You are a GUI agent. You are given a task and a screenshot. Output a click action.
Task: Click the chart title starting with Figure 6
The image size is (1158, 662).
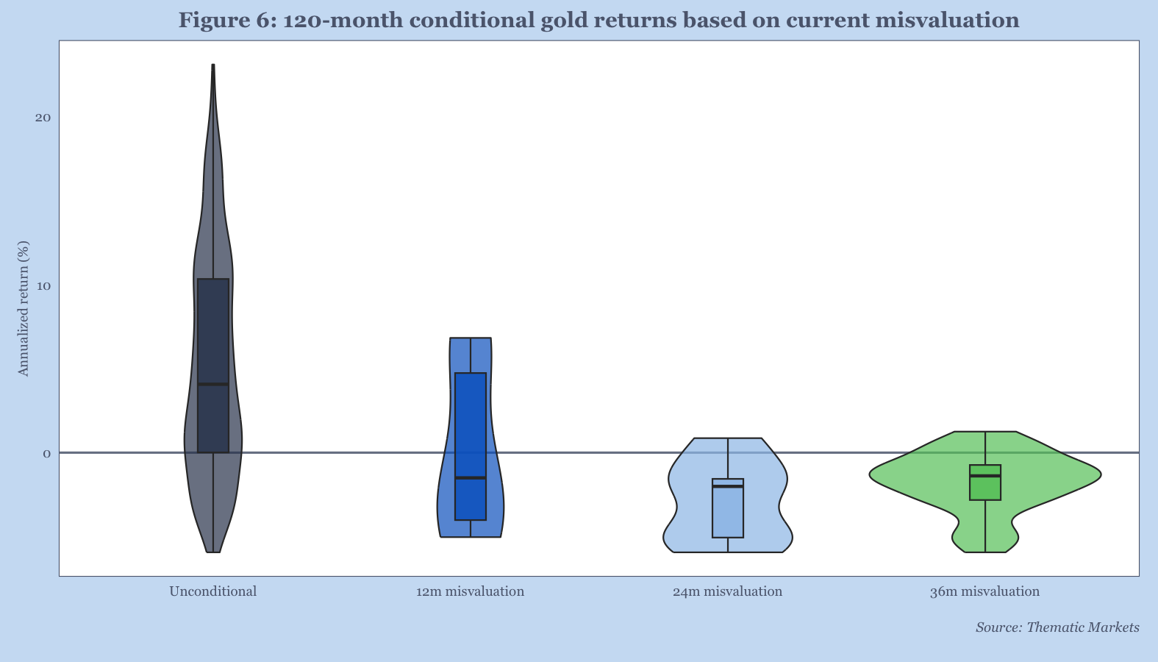pos(598,20)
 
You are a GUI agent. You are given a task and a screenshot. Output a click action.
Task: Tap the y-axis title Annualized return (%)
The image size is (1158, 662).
pos(24,308)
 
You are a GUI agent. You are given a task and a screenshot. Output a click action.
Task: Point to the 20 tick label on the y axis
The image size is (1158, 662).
pos(43,118)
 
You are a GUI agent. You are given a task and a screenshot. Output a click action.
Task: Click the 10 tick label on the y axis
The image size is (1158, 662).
pos(43,285)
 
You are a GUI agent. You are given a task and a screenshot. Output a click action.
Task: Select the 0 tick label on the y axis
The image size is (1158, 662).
pos(47,454)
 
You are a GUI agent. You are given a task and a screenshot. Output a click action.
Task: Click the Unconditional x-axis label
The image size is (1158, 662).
pos(213,591)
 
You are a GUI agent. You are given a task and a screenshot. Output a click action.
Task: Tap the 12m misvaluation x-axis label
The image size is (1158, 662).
pos(470,591)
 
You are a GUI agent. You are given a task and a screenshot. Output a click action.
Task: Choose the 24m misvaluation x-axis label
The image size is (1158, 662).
pos(727,591)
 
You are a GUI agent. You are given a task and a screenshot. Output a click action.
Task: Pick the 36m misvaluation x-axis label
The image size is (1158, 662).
pos(984,591)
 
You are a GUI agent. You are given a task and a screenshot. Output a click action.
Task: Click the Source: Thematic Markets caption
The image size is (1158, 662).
pos(1057,627)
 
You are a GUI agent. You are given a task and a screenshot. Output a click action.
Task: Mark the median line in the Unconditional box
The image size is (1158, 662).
pos(213,384)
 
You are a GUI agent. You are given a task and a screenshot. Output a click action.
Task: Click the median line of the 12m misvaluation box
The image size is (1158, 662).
pos(471,478)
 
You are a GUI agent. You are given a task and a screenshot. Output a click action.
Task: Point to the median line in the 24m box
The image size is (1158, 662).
pos(728,487)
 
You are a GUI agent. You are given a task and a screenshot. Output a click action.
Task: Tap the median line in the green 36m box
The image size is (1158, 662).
pos(985,476)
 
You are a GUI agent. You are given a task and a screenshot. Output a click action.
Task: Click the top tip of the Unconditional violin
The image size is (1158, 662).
pos(213,65)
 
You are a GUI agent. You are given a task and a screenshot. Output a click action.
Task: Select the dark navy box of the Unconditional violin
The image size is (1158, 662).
pos(213,366)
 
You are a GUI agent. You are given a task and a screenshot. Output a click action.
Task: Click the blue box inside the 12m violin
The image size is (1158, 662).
pos(471,446)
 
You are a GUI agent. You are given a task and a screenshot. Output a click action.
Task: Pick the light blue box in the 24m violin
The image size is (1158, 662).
pos(728,508)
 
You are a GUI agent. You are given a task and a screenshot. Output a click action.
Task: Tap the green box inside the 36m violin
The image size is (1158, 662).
pos(985,483)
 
